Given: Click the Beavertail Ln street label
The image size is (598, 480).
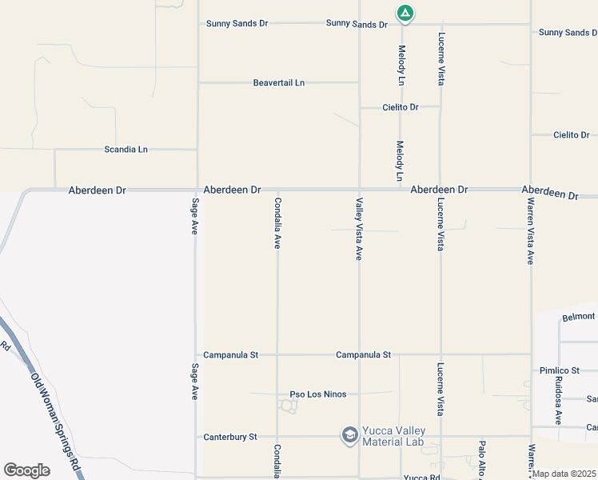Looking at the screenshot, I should click(x=279, y=82).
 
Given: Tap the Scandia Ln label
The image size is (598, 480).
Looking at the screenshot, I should click(x=126, y=150).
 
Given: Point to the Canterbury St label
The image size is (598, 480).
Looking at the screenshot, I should click(x=230, y=437).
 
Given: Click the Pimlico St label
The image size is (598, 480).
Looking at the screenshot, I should click(x=559, y=370).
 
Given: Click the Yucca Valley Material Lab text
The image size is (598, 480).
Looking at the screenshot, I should click(x=394, y=437).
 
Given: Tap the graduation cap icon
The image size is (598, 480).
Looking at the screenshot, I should click(x=349, y=435).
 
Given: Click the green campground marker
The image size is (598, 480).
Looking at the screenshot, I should click(x=405, y=13).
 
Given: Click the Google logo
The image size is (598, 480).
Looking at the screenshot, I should click(x=27, y=470).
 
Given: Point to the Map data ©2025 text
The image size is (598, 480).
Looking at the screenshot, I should click(x=564, y=474).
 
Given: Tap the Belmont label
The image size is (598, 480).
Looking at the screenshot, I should click(x=579, y=317).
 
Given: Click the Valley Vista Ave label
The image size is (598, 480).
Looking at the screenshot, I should click(x=360, y=229).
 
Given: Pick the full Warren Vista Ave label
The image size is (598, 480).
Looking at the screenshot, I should click(x=531, y=233).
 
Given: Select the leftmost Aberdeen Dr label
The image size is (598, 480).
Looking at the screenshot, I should click(x=98, y=190).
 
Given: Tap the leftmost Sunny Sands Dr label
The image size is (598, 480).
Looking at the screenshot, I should click(x=237, y=24).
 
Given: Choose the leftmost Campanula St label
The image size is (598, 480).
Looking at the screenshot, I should click(x=230, y=354).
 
